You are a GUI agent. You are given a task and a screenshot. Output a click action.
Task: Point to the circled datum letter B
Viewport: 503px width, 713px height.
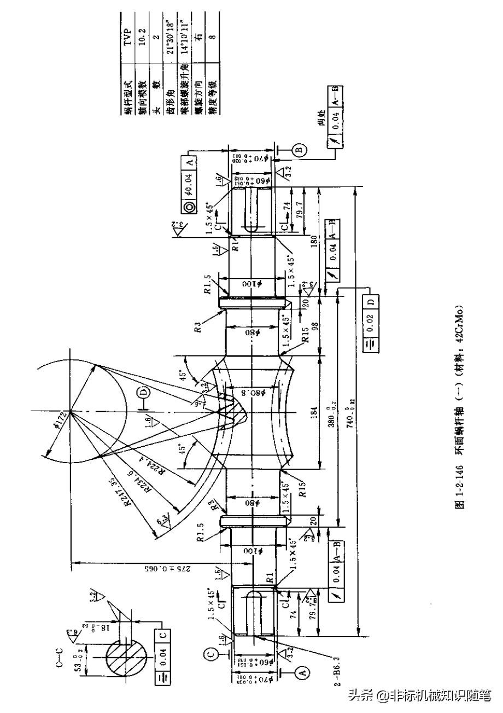pyautogui.click(x=300, y=149)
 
